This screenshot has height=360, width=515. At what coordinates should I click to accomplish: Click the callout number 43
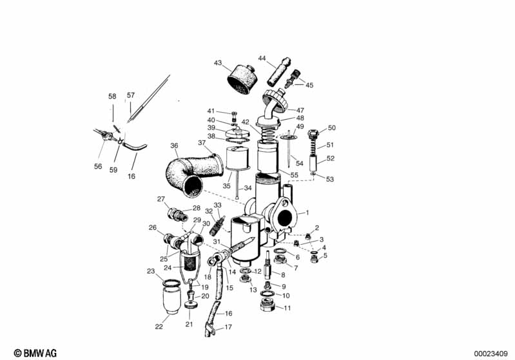pos(218,63)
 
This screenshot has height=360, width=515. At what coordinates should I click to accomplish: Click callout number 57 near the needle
pos(131,95)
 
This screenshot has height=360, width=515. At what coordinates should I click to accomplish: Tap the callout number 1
pos(307,213)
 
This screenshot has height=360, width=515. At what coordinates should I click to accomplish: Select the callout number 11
pos(287,307)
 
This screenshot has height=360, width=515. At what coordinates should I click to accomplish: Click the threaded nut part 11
pos(269,303)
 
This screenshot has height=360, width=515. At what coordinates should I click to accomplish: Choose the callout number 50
pos(332,128)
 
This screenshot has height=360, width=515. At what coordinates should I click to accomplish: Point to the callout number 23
pos(151,271)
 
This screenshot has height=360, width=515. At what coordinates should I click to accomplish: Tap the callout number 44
pos(262,59)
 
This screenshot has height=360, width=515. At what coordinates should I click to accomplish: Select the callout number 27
pos(161,199)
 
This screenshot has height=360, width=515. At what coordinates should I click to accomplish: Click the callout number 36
pos(174,146)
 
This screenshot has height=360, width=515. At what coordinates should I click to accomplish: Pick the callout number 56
pos(98,166)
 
